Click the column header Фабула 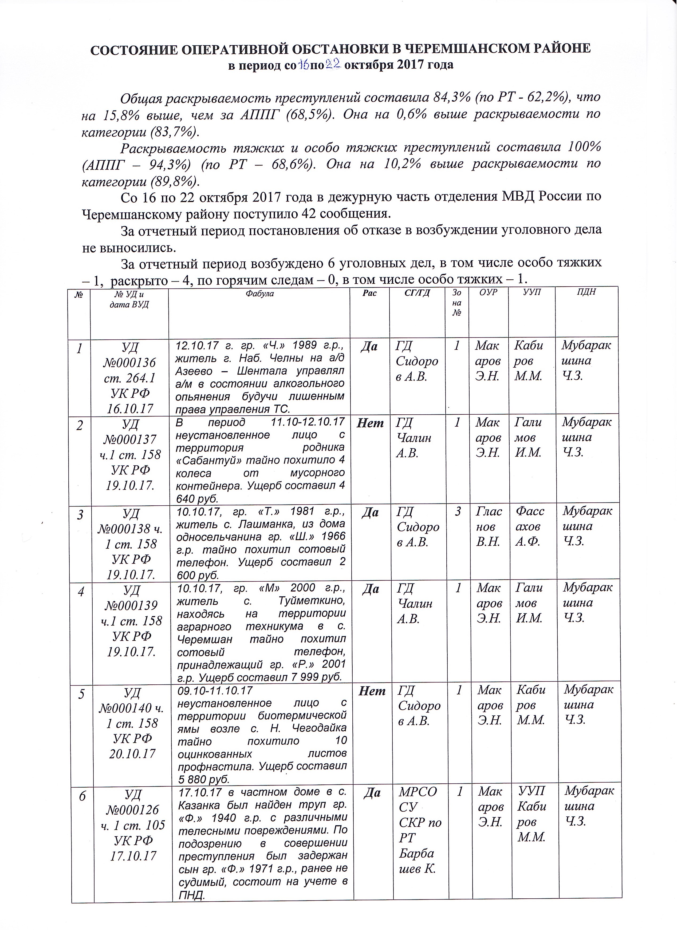259,294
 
